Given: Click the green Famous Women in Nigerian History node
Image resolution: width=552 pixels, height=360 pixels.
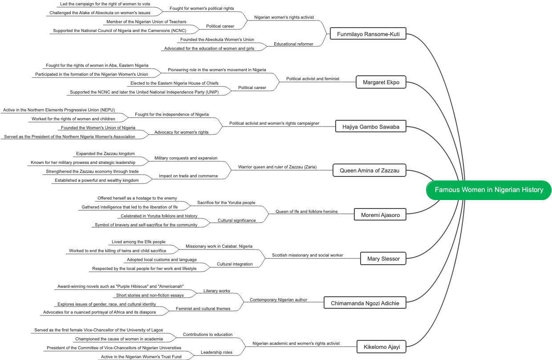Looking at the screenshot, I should [489, 190].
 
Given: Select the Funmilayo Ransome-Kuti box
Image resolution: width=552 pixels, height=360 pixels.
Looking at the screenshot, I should [368, 34].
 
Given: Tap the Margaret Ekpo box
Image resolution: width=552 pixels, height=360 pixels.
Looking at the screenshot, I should [381, 82].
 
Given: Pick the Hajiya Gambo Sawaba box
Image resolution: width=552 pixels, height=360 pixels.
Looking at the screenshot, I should [371, 127].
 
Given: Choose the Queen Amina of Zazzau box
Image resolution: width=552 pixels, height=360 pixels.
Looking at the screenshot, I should [369, 170].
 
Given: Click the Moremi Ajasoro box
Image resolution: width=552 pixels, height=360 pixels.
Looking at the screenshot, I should [380, 215].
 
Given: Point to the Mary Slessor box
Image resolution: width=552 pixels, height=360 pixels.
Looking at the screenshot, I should [383, 258].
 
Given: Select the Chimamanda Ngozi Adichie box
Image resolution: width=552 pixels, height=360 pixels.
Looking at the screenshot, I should [365, 303].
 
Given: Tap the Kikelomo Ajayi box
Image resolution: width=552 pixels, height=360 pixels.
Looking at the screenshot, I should [382, 347].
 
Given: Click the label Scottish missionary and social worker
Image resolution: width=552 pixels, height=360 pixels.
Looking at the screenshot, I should [308, 255].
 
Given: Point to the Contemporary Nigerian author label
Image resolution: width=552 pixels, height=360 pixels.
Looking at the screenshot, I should [278, 300].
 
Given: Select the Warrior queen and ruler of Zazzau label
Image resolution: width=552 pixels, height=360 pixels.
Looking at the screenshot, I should [277, 167].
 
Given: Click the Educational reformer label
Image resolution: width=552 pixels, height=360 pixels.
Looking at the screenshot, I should [293, 44].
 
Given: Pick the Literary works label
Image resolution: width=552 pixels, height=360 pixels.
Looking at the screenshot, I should [217, 291].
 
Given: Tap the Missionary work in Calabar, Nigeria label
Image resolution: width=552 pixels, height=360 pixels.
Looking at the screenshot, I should [219, 246].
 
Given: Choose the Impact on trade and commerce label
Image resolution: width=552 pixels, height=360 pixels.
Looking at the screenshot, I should [188, 176].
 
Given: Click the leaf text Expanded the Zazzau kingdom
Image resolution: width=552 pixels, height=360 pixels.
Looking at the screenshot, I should [106, 154].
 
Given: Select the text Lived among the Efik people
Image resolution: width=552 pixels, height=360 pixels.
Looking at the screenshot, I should [138, 242].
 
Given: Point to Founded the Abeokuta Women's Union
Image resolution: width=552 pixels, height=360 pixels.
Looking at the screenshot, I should [217, 40].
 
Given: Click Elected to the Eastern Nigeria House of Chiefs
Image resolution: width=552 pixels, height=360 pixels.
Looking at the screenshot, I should [175, 83].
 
